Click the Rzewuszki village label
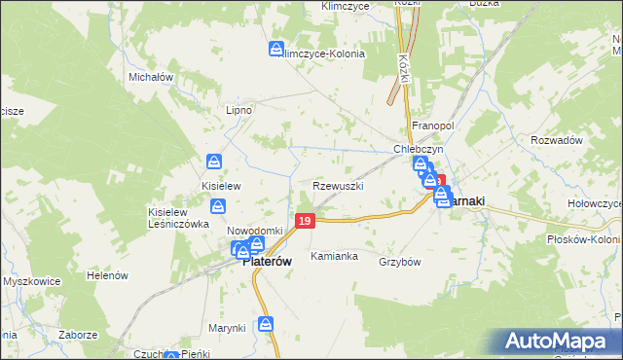click(339, 185)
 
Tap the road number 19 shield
click(306, 223)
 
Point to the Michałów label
click(151, 76)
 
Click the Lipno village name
click(238, 110)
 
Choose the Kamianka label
click(334, 257)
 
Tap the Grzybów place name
click(399, 262)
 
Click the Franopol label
click(433, 126)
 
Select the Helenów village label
click(108, 275)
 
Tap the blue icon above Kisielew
click(214, 162)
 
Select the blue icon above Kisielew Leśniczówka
click(219, 205)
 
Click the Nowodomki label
click(254, 230)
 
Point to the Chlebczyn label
click(419, 150)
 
